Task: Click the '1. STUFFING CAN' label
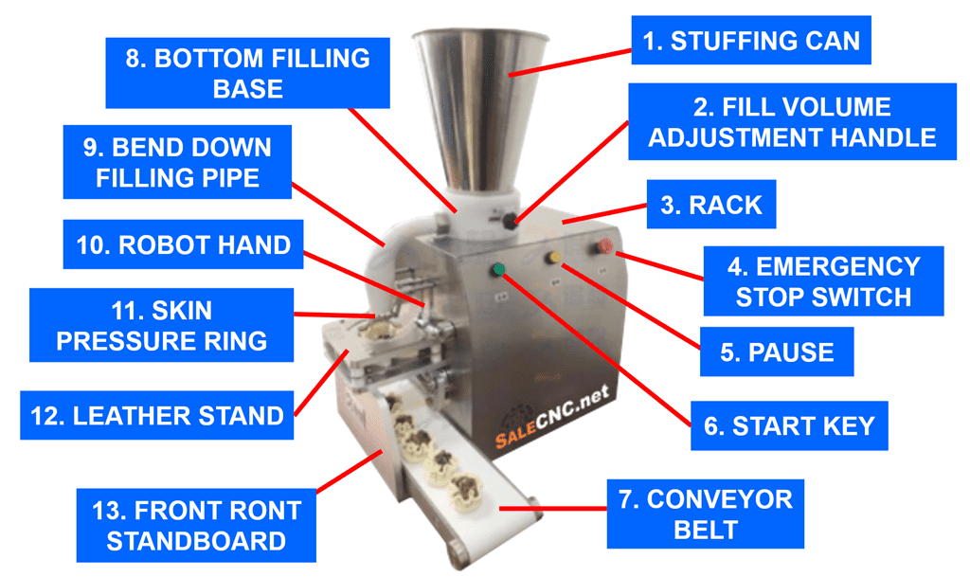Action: [x=751, y=40]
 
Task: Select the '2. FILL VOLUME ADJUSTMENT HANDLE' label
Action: [x=792, y=122]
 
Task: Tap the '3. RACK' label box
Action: [x=710, y=205]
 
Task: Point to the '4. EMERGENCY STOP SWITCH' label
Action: [x=823, y=281]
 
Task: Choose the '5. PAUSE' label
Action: [x=777, y=352]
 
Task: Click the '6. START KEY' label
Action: [x=789, y=425]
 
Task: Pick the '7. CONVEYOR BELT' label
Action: [x=705, y=514]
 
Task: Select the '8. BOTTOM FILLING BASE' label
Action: [x=247, y=73]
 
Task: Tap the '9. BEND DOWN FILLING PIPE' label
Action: [x=177, y=162]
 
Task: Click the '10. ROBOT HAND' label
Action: [x=183, y=244]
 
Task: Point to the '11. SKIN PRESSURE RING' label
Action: [x=161, y=325]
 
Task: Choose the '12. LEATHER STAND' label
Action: [x=156, y=415]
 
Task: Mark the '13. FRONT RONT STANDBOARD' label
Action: [x=196, y=526]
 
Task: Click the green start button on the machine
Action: [x=498, y=269]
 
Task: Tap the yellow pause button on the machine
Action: [x=553, y=257]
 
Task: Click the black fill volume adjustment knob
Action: [x=510, y=220]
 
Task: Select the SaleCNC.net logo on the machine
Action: [x=552, y=416]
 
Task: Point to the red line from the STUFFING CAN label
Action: [x=569, y=63]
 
